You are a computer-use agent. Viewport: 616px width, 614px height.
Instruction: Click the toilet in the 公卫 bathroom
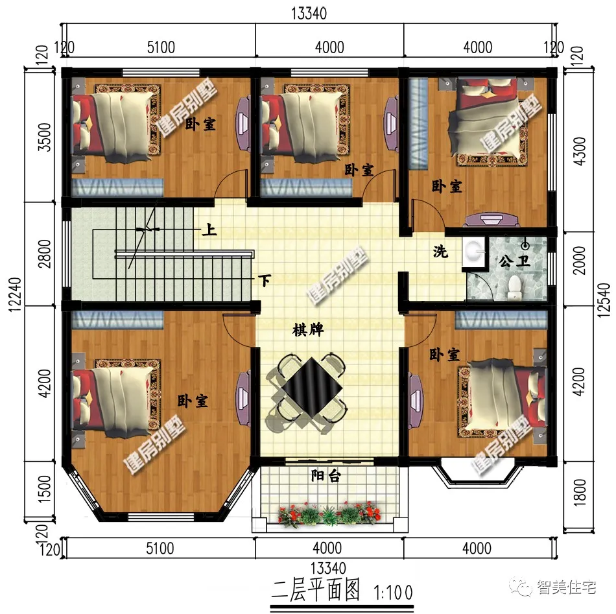click(x=515, y=287)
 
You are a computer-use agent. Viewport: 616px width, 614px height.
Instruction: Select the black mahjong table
click(x=313, y=386)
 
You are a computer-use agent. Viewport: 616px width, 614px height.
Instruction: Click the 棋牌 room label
click(x=308, y=329)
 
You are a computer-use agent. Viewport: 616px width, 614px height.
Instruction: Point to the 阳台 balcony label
click(x=326, y=476)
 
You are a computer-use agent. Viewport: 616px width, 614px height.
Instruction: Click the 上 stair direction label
click(x=209, y=230)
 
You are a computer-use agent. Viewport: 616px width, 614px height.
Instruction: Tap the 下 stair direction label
click(x=265, y=281)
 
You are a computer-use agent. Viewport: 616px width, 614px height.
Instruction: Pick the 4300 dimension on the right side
click(x=580, y=151)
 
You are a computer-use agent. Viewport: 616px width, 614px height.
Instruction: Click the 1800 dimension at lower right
click(x=580, y=492)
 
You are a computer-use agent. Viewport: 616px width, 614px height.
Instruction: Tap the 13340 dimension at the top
click(x=309, y=14)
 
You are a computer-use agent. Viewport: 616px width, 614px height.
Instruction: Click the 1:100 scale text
click(x=393, y=593)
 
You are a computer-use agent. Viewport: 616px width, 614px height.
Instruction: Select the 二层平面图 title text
click(x=316, y=591)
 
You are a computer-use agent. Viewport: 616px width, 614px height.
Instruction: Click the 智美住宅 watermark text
click(x=566, y=587)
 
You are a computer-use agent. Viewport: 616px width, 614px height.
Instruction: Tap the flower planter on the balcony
click(x=329, y=514)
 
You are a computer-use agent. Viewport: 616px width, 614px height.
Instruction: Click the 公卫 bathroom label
click(x=515, y=261)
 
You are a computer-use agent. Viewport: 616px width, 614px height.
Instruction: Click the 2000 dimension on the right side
click(x=580, y=261)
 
